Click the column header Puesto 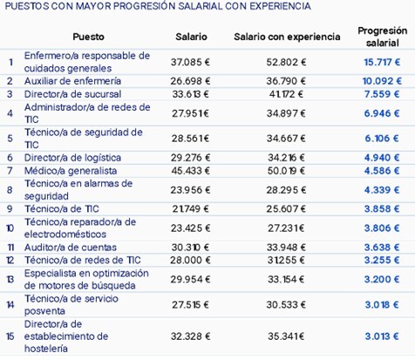(x=88, y=37)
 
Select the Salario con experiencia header (x=287, y=37)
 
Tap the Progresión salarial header (x=382, y=37)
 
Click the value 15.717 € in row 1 (x=382, y=62)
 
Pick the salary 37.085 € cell (x=190, y=62)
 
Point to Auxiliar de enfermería (x=72, y=81)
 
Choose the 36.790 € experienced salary (x=286, y=81)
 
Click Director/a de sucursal (x=72, y=94)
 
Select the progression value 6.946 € (x=382, y=113)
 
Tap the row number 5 (x=10, y=139)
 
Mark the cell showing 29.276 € (x=190, y=158)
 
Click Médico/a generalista (x=71, y=171)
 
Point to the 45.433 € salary (x=190, y=171)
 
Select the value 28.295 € (x=286, y=190)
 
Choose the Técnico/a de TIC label (x=62, y=209)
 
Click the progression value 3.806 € (x=382, y=228)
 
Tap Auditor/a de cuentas (x=71, y=248)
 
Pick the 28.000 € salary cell (x=190, y=260)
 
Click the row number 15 (x=10, y=336)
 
